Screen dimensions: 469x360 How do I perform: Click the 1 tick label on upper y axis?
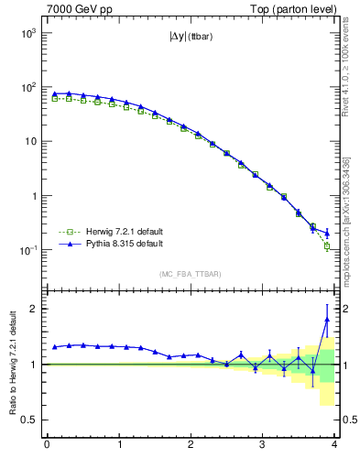pos(32,196)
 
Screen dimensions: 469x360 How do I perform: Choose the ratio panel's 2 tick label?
pos(32,309)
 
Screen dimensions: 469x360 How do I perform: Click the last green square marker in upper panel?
pos(327,245)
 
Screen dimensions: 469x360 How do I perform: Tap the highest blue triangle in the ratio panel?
pos(327,320)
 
